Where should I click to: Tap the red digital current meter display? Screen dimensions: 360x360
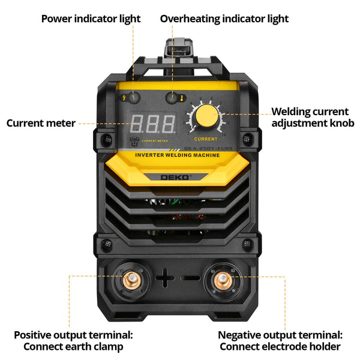152,124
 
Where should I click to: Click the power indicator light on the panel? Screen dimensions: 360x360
135,98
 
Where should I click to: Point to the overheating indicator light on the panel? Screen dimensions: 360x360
173,98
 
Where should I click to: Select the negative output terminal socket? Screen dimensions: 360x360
221,278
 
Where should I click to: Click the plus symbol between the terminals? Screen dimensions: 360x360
164,278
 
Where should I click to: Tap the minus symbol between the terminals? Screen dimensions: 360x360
190,278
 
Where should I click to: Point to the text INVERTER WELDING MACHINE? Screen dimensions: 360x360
177,155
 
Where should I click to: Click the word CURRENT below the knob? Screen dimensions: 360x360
206,139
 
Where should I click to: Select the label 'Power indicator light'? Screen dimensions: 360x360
91,19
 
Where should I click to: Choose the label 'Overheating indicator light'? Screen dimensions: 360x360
224,19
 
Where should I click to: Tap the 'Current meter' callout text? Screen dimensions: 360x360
41,123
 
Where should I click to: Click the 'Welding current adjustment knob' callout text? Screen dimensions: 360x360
312,118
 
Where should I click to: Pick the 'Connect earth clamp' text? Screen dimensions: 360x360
73,347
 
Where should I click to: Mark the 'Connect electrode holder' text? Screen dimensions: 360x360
280,347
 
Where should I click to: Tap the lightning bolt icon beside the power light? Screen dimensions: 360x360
125,98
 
